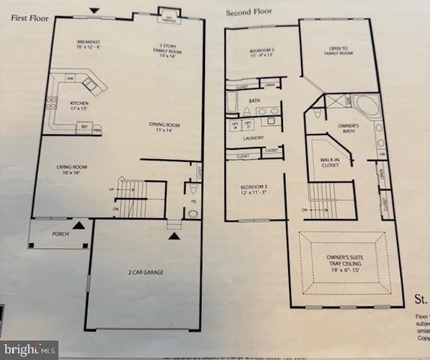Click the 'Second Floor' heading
pos(248,13)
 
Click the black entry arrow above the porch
pos(80,224)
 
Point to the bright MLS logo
pos(29,349)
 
